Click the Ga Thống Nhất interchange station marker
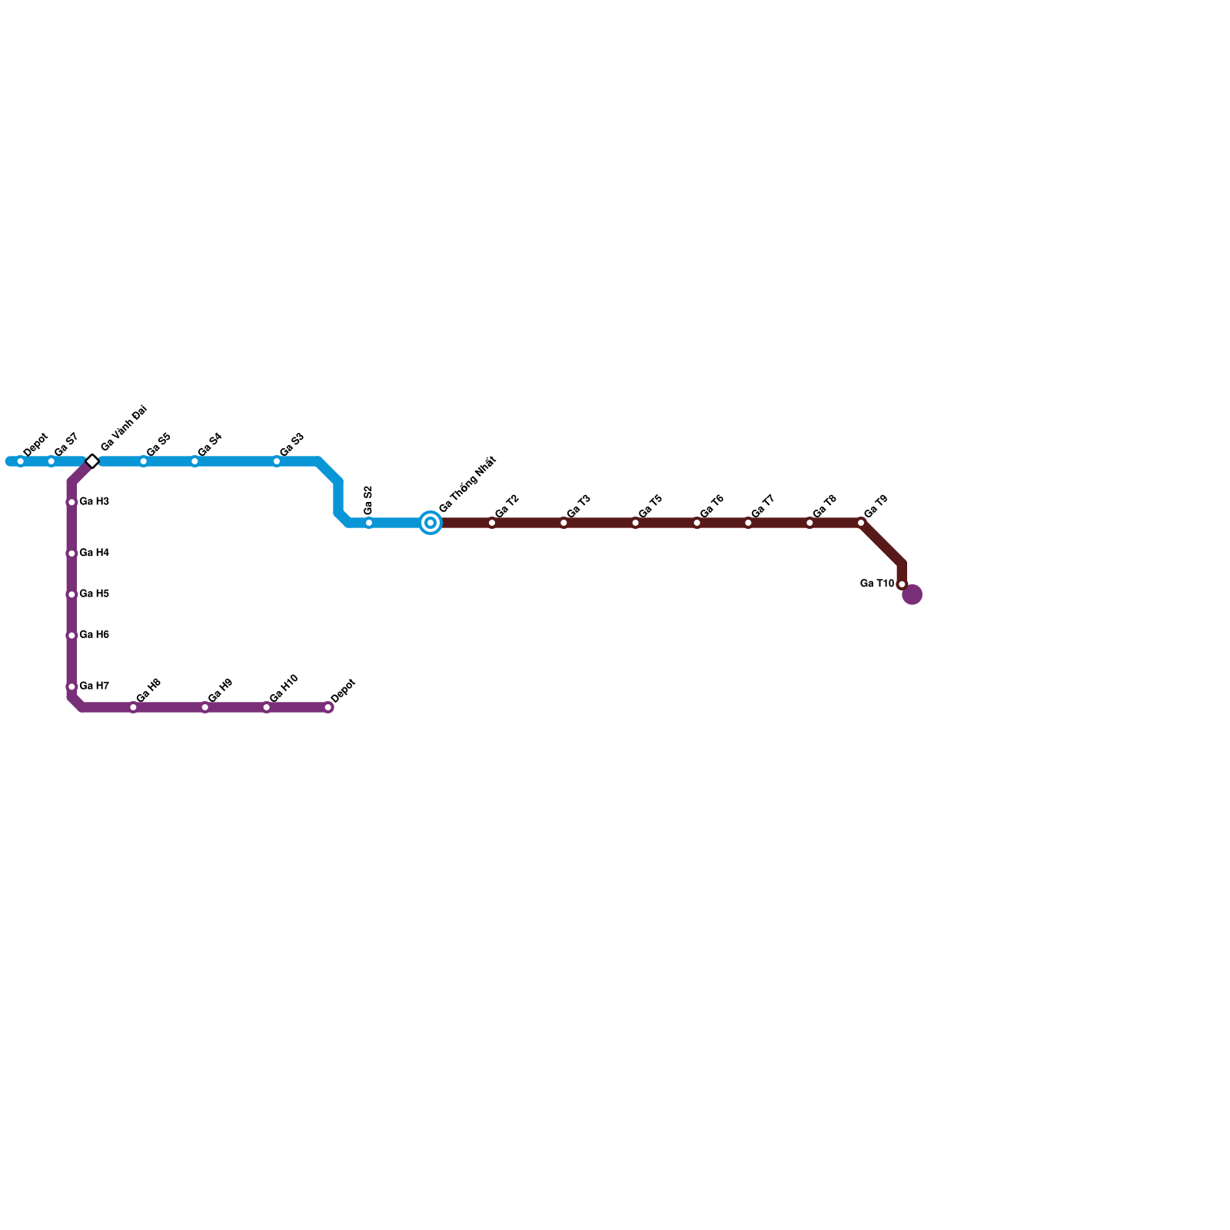pyautogui.click(x=430, y=523)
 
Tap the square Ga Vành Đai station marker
pyautogui.click(x=92, y=461)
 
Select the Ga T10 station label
pyautogui.click(x=876, y=583)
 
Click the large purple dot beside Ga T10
pyautogui.click(x=912, y=594)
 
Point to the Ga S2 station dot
pyautogui.click(x=369, y=523)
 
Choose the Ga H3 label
pyautogui.click(x=94, y=502)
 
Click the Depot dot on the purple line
pyautogui.click(x=328, y=707)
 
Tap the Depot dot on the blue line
pyautogui.click(x=21, y=461)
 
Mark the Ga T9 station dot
pyautogui.click(x=861, y=523)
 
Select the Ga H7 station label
pyautogui.click(x=94, y=686)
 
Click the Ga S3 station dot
pyautogui.click(x=277, y=461)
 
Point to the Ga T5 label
pyautogui.click(x=650, y=507)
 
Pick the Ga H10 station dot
pyautogui.click(x=267, y=707)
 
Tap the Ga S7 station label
pyautogui.click(x=66, y=444)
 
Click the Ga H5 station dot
pyautogui.click(x=71, y=594)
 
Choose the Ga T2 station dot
pyautogui.click(x=492, y=523)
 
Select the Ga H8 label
pyautogui.click(x=148, y=690)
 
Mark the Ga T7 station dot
pyautogui.click(x=748, y=523)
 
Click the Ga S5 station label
pyautogui.click(x=158, y=445)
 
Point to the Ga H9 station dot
pyautogui.click(x=205, y=707)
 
